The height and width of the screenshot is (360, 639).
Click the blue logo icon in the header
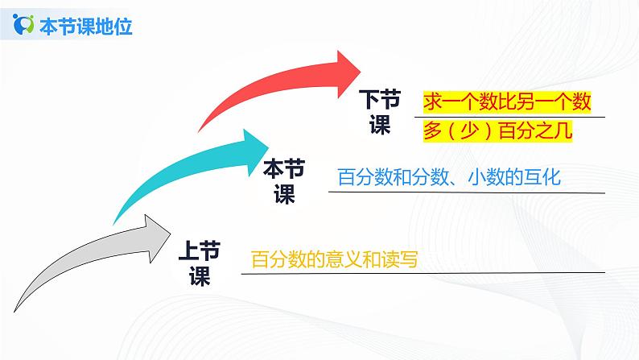[x=24, y=27]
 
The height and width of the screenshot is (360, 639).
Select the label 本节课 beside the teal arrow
[x=284, y=182]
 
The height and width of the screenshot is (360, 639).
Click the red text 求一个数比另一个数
[x=507, y=101]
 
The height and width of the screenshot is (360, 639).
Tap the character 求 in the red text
[x=432, y=101]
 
